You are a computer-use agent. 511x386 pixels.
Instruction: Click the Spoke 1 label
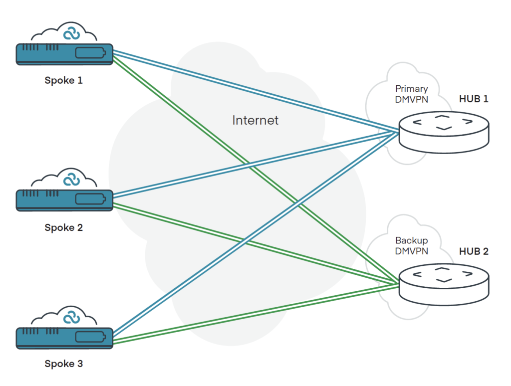pos(63,80)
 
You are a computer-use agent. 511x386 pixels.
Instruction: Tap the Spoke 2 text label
pos(63,228)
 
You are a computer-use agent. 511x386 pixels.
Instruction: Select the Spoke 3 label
pos(63,364)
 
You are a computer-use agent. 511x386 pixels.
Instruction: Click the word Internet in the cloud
pos(255,120)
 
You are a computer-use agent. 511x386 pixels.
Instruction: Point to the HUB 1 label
pos(473,99)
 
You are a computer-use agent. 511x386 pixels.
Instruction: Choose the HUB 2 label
pos(473,251)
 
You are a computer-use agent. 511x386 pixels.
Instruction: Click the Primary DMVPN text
pos(411,93)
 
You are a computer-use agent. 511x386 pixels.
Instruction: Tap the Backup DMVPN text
pos(411,246)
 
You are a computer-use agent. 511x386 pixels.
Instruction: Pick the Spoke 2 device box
pos(64,199)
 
